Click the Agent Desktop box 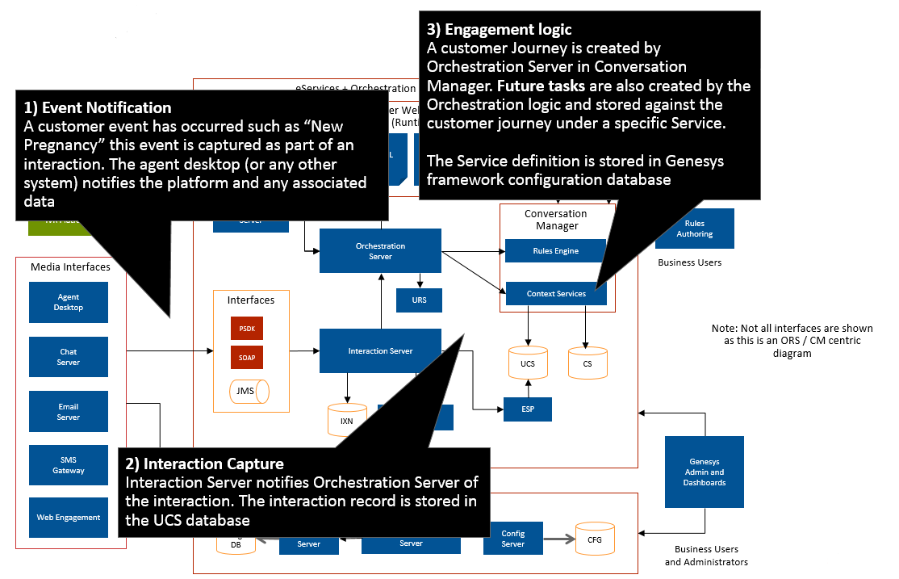pos(69,302)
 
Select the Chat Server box pos(69,357)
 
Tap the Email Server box pos(69,412)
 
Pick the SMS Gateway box pos(69,465)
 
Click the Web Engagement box pos(69,518)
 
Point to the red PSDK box pos(246,329)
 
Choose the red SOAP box pos(246,356)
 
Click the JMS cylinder pos(249,392)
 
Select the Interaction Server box pos(380,350)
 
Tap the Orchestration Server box pos(380,251)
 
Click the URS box pos(419,300)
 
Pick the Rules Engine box pos(555,251)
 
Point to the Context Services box pos(555,294)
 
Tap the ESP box pos(528,409)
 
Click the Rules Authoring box pos(694,229)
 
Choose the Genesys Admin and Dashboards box pos(705,472)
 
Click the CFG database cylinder pos(594,539)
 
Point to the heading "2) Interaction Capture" pos(204,464)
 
